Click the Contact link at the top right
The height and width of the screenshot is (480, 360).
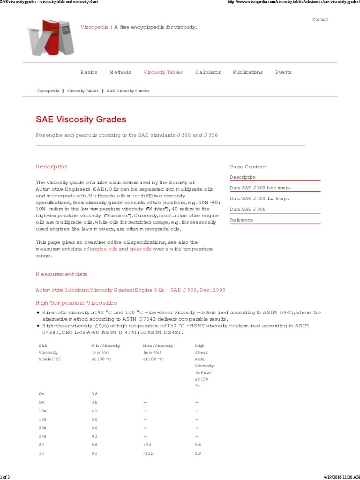coord(320,19)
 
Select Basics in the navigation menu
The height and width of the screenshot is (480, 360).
coord(89,72)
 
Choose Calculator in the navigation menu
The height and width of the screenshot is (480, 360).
coord(208,72)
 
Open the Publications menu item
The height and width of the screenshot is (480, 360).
coord(247,72)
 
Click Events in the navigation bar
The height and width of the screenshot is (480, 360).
coord(283,72)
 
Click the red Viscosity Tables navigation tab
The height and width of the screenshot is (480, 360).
coord(163,72)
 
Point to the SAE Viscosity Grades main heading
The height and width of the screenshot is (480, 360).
coord(81,120)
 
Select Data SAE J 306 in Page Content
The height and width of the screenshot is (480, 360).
coord(247,210)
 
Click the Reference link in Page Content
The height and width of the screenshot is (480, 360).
coord(241,220)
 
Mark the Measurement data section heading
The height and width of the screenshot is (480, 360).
coord(61,274)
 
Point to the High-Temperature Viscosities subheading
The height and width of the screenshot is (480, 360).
coord(76,303)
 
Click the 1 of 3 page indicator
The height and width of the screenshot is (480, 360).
coord(5,477)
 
